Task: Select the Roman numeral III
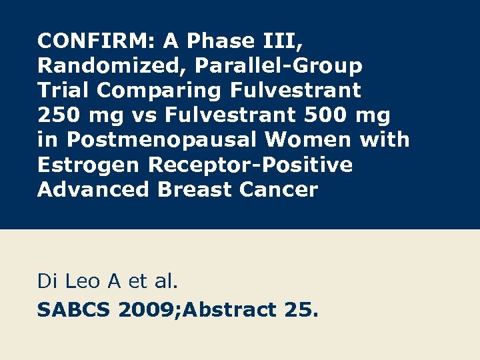280,41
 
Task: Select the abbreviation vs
143,115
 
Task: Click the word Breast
195,189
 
